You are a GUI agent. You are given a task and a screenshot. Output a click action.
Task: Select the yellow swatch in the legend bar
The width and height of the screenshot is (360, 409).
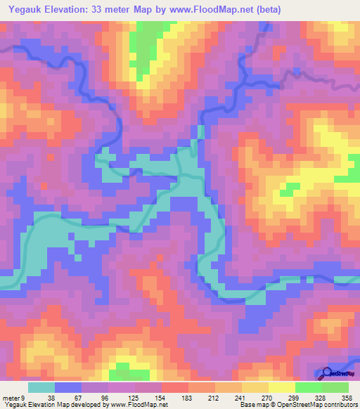coord(281,387)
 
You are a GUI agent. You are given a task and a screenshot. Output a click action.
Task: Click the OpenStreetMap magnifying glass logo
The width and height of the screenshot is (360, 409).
coord(327,372)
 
